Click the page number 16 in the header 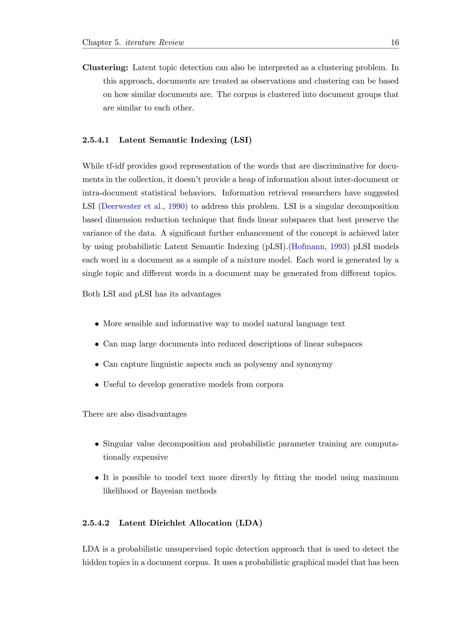tap(394, 43)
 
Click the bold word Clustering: tap(105, 68)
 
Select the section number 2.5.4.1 tap(96, 140)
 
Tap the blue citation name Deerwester tap(121, 206)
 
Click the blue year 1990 tap(176, 206)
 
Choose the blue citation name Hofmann tap(308, 247)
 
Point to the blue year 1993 tap(338, 247)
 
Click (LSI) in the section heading tap(241, 140)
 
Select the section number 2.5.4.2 tap(96, 523)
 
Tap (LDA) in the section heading tap(249, 523)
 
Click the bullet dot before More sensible tap(97, 324)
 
